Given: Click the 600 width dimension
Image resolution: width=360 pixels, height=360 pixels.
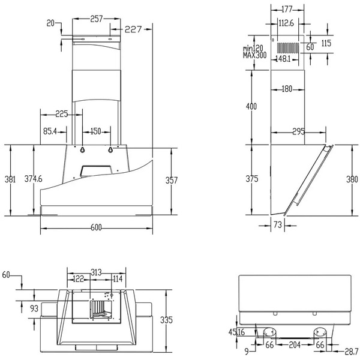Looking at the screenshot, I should coord(95,227).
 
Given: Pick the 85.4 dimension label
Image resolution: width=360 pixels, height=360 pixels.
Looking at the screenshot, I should coord(51,131).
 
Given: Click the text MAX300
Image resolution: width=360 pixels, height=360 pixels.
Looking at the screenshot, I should coord(254,55).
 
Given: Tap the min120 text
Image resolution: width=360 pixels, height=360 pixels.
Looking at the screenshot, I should coord(254,47).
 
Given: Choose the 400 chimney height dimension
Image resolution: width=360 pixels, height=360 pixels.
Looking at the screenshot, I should coord(251,107).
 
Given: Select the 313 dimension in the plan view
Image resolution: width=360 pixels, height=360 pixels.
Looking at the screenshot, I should coord(95,272).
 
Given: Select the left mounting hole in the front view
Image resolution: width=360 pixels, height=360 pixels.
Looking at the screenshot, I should coord(81,149).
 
